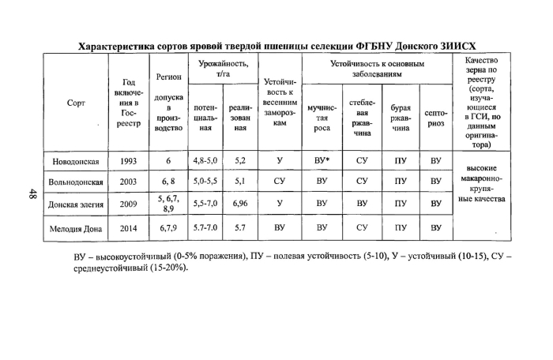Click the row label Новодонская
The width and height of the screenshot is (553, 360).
coord(76,161)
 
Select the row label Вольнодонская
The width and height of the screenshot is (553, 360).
coord(76,182)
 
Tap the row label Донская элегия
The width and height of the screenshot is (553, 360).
coord(76,203)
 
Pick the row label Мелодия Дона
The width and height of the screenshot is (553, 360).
coord(76,227)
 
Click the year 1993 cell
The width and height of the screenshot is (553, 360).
coord(129,161)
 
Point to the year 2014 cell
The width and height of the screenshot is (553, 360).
coord(129,227)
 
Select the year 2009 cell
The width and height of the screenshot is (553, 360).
coord(129,203)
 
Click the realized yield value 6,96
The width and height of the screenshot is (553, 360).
coord(240,203)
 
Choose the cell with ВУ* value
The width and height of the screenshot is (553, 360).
coord(322,161)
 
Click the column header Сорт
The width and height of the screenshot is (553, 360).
coord(76,103)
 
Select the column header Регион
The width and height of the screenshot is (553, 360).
coord(168,77)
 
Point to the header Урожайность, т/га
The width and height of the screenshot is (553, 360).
coord(222,68)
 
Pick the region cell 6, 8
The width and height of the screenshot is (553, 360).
coord(168,182)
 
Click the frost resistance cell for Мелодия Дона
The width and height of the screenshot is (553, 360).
coord(280,227)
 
